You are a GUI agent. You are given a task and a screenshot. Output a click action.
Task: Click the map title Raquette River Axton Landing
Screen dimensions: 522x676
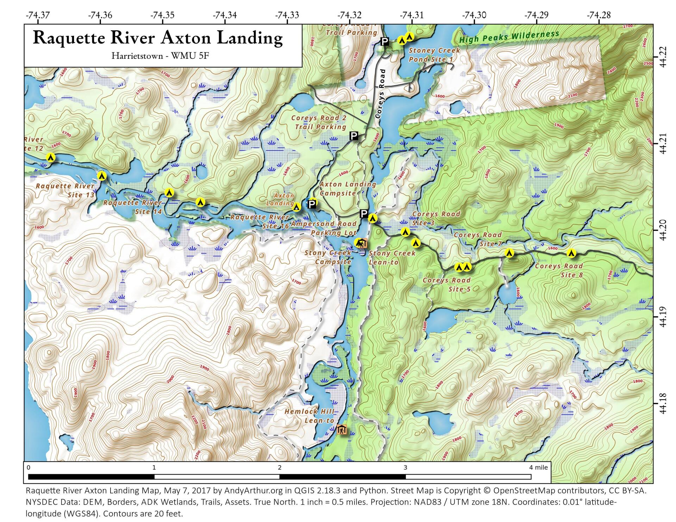(157, 38)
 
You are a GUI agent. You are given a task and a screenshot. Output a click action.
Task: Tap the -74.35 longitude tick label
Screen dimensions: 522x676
(162, 15)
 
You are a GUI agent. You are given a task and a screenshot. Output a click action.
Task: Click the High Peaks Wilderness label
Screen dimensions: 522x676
(509, 37)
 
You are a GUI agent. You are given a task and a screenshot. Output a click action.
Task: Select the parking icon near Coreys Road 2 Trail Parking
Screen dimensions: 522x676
(354, 136)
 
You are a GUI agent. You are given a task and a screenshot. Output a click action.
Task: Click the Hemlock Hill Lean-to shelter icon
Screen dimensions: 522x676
(342, 429)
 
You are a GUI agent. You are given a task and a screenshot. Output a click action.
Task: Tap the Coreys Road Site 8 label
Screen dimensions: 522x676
(559, 270)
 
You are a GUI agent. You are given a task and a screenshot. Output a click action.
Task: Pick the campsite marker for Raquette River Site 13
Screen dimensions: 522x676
(102, 176)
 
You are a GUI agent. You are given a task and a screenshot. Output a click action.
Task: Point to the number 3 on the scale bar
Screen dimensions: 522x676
(405, 467)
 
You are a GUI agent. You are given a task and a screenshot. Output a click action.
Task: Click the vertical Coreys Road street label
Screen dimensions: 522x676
(381, 93)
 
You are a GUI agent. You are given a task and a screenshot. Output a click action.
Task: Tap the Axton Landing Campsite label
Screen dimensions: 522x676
(348, 189)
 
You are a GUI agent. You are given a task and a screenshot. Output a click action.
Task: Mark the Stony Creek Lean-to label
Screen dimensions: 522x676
(392, 257)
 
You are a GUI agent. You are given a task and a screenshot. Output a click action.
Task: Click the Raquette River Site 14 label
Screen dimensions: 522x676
(133, 207)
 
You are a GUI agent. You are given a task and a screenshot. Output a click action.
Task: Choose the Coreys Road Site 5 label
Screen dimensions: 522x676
(447, 285)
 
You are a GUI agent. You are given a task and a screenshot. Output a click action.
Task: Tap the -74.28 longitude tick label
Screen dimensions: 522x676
(599, 15)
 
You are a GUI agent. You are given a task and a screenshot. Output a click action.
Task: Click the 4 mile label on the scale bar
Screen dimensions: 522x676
(538, 467)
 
